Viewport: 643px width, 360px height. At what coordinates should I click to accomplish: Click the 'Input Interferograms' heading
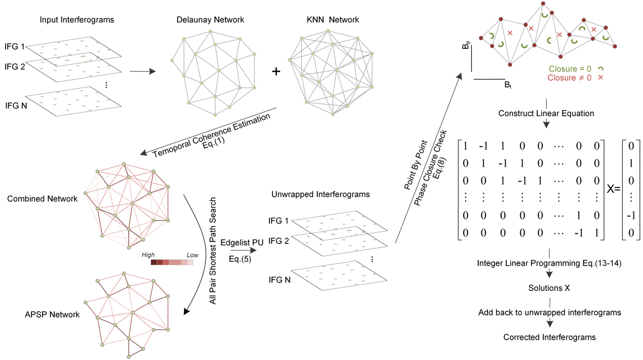pos(77,20)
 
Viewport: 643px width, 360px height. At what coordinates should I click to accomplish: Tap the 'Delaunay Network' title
pos(210,20)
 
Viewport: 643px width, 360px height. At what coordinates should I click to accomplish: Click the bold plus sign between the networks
pos(276,71)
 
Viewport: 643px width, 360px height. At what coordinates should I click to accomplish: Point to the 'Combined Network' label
pos(42,198)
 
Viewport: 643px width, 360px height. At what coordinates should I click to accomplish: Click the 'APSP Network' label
pos(52,314)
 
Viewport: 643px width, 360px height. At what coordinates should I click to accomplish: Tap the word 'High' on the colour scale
pos(148,255)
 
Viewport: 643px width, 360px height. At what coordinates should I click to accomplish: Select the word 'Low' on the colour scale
pos(193,255)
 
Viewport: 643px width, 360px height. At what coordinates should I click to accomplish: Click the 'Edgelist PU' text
pos(242,243)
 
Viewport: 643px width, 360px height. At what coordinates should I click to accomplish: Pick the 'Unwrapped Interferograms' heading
pos(320,194)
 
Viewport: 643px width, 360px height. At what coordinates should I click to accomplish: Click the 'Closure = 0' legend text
pos(570,68)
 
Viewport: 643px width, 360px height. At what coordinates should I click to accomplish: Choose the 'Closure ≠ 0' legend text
pos(570,78)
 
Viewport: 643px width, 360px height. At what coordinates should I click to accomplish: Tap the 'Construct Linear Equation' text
pos(546,113)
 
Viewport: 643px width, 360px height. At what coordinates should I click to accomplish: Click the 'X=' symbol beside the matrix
pos(614,189)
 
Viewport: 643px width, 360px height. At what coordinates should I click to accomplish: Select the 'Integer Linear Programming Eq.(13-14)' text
pos(549,263)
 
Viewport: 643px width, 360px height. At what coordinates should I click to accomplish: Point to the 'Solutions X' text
pos(549,288)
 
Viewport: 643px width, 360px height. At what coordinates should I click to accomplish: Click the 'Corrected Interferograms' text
pos(549,337)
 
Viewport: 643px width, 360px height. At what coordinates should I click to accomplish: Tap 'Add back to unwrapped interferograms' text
pos(549,312)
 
